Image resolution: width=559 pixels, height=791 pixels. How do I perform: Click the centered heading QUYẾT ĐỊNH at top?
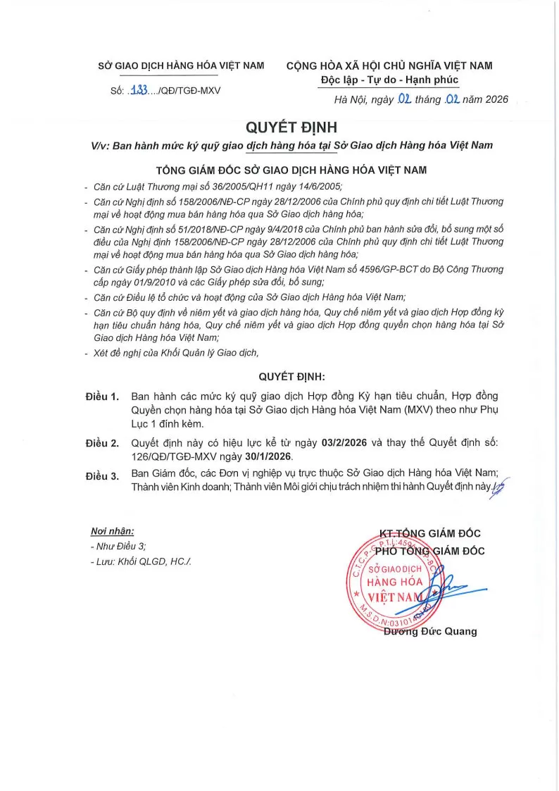282,127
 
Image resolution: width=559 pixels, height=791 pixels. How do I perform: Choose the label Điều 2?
102,443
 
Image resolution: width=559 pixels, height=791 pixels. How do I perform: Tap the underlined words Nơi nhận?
112,531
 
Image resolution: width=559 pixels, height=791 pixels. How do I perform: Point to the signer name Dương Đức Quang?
429,631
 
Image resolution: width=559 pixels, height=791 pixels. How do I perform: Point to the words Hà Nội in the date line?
351,100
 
